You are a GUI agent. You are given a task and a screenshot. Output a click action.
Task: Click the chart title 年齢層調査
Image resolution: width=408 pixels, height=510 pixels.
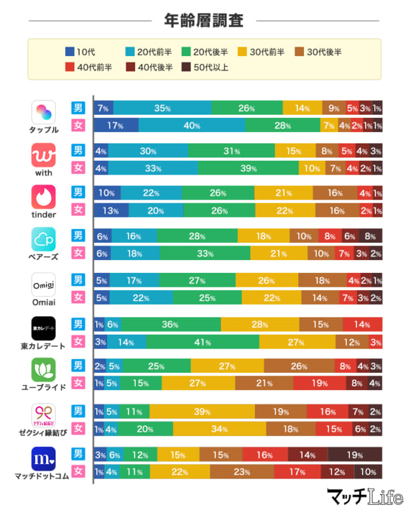click(204, 20)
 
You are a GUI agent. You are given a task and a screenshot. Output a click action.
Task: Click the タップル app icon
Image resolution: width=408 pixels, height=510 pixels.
click(44, 113)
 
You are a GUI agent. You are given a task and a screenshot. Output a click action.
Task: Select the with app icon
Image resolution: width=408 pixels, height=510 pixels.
click(44, 155)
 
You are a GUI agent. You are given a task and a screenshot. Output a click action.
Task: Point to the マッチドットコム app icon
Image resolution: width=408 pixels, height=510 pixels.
click(44, 458)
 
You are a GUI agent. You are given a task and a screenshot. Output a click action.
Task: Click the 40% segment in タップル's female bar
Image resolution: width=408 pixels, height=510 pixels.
click(191, 126)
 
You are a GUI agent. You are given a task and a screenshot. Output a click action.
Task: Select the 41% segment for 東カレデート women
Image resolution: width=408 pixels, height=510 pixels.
click(203, 342)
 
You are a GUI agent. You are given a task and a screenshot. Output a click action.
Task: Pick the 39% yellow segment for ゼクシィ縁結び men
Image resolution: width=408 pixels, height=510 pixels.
click(202, 411)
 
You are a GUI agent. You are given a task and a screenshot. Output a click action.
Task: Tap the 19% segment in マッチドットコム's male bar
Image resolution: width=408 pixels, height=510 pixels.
click(354, 455)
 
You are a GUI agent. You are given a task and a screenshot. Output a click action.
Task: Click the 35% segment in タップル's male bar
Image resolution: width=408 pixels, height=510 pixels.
click(162, 108)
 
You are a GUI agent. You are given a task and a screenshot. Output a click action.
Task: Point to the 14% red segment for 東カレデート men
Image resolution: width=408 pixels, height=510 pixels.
click(361, 324)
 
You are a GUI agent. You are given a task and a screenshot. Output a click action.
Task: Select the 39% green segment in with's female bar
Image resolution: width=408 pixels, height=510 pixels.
click(248, 168)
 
